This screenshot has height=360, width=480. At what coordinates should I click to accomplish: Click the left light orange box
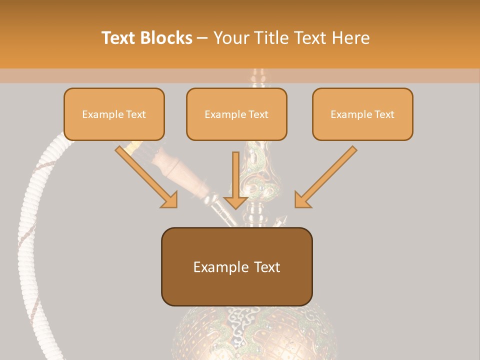(x=114, y=114)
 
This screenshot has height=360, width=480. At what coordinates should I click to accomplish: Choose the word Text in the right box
(x=384, y=114)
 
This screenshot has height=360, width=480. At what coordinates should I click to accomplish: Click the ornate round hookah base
(x=255, y=335)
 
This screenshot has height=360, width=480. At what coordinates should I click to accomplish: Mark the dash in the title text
(x=203, y=38)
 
